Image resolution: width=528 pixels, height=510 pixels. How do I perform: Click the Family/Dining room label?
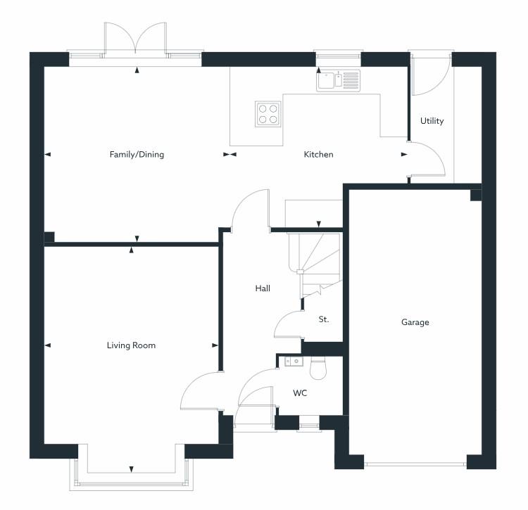137,154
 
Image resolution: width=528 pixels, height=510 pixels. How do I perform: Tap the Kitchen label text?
318,154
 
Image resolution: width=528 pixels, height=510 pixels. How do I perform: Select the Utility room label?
432,121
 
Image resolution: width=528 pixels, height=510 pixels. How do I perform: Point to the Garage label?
415,322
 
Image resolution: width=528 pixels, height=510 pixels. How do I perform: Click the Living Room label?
131,345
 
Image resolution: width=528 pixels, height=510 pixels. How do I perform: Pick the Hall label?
263,288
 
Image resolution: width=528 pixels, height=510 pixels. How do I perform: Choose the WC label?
301,393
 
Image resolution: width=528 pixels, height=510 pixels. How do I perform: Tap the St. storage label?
324,319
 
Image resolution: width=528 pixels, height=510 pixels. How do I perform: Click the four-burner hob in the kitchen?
268,113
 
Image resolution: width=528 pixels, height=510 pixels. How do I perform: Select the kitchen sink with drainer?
338,80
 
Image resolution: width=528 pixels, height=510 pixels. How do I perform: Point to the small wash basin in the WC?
294,362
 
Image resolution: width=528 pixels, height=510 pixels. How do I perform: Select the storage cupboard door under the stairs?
289,325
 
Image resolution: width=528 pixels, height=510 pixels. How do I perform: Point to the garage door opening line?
415,463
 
